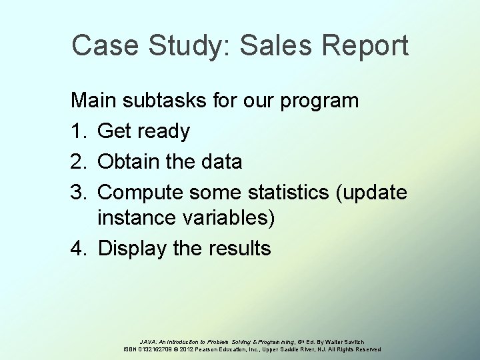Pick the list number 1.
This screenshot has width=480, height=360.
(x=79, y=131)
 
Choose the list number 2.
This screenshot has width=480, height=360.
(x=79, y=161)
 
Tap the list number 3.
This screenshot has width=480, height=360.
(x=79, y=190)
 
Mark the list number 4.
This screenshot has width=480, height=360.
(x=79, y=249)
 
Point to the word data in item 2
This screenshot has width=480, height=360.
(x=222, y=161)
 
